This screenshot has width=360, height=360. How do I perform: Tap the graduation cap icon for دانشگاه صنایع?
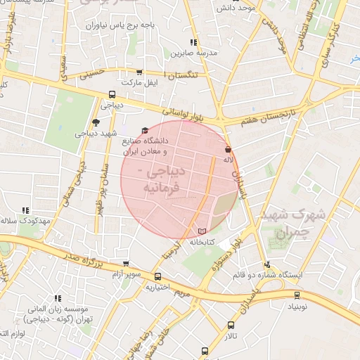pyautogui.click(x=146, y=130)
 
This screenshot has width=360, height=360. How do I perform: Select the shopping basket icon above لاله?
pyautogui.click(x=228, y=150)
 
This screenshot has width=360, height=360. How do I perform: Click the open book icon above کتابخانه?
pyautogui.click(x=202, y=231)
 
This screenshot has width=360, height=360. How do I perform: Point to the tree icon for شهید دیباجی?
pyautogui.click(x=105, y=122)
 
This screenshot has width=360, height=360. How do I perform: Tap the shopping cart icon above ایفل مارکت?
pyautogui.click(x=139, y=72)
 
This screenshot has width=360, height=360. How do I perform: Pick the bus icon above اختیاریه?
pyautogui.click(x=158, y=276)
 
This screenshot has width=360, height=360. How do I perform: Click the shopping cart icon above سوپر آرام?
pyautogui.click(x=126, y=263)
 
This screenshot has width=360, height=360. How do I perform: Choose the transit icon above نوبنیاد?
pyautogui.click(x=297, y=295)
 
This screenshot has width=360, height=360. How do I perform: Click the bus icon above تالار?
pyautogui.click(x=231, y=325)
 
